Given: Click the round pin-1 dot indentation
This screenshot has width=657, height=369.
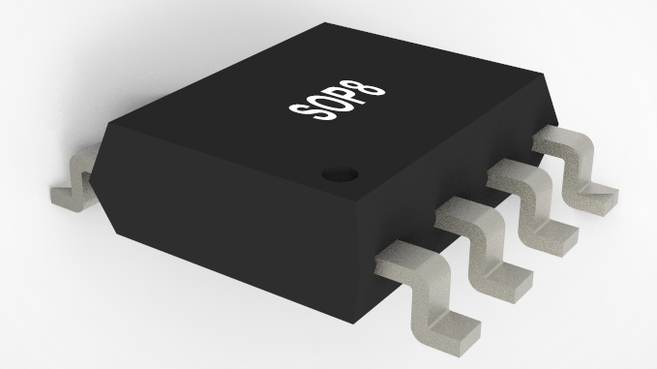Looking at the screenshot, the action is point(341,174).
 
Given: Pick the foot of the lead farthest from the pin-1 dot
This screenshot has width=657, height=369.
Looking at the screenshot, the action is point(596,200).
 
